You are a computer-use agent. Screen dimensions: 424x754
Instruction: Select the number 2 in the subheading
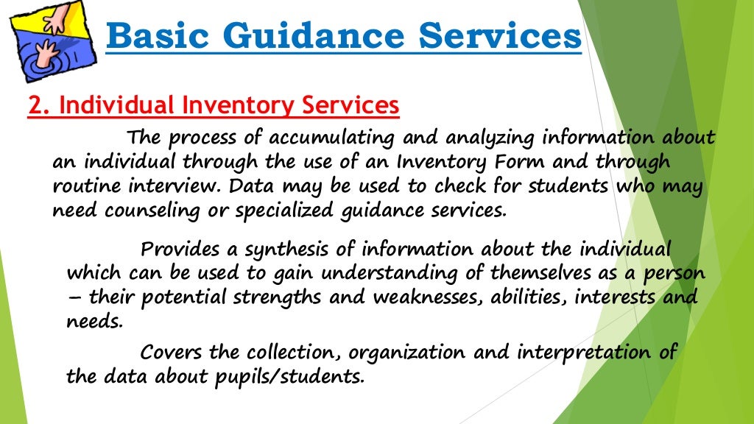coord(35,106)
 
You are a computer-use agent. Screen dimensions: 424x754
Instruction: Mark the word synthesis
coord(295,249)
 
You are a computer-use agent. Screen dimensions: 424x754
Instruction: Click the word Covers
coord(171,352)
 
